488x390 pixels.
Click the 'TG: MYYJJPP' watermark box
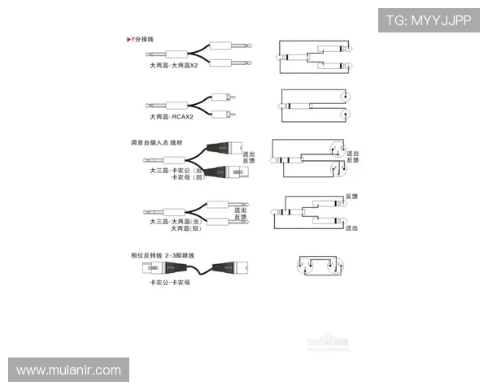[x=429, y=19]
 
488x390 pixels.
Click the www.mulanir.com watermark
[x=68, y=370]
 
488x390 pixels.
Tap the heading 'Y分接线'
[x=140, y=39]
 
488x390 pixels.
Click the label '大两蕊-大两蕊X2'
[x=173, y=65]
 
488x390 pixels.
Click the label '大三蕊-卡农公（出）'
[x=175, y=171]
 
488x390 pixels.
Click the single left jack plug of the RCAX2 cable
[x=163, y=105]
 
